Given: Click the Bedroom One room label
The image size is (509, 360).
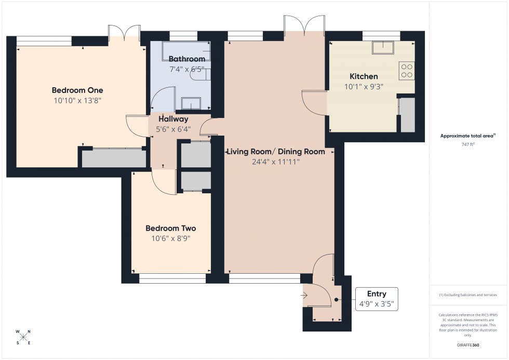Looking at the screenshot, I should pyautogui.click(x=77, y=90).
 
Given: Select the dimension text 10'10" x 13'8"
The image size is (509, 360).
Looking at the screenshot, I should pyautogui.click(x=77, y=100).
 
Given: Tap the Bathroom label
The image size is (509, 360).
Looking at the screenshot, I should pyautogui.click(x=186, y=59).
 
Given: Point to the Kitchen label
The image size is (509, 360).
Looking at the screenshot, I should pyautogui.click(x=364, y=76).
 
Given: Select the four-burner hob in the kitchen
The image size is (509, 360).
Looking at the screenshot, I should pyautogui.click(x=407, y=71).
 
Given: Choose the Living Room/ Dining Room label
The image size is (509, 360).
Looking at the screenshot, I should pyautogui.click(x=276, y=152).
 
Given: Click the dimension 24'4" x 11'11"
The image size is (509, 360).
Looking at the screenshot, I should pyautogui.click(x=276, y=162).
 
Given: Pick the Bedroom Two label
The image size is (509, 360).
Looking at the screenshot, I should pyautogui.click(x=170, y=228).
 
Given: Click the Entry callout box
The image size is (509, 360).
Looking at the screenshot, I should pyautogui.click(x=377, y=299).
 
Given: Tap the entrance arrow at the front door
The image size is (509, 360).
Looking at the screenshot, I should pyautogui.click(x=304, y=296).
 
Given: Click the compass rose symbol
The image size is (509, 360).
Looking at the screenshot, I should pyautogui.click(x=23, y=337).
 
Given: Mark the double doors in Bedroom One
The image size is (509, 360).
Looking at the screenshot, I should pyautogui.click(x=124, y=32).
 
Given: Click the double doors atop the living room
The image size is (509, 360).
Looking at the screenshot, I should pyautogui.click(x=304, y=25).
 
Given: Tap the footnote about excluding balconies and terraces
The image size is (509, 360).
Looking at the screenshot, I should pyautogui.click(x=468, y=295).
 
